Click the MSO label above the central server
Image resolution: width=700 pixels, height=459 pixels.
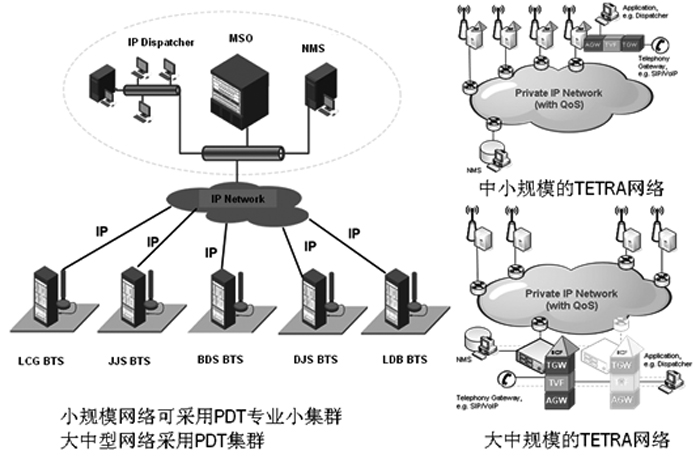tap(241, 39)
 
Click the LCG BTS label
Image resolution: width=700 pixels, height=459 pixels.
tap(48, 357)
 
